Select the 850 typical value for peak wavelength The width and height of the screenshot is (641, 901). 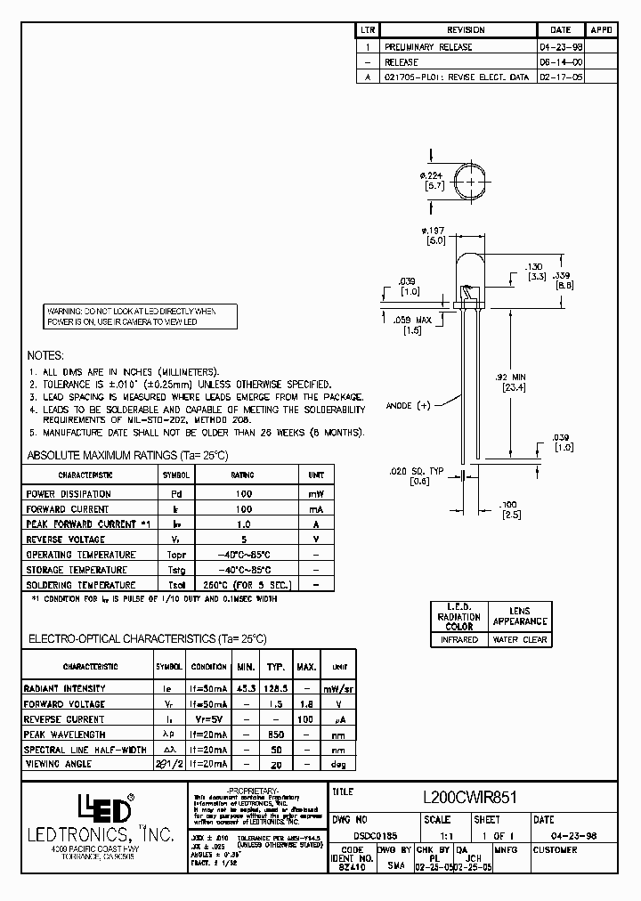click(x=276, y=735)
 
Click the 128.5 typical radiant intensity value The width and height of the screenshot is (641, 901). click(x=277, y=688)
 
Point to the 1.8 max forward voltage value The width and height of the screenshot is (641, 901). click(x=306, y=704)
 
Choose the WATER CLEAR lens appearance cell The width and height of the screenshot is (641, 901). click(x=520, y=639)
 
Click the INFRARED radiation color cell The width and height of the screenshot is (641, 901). click(x=459, y=639)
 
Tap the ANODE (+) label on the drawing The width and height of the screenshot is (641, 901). click(x=408, y=405)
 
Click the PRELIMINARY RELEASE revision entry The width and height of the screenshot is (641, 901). click(x=427, y=46)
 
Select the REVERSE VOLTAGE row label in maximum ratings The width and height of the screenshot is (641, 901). click(x=66, y=540)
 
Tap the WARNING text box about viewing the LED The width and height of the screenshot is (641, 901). click(x=141, y=315)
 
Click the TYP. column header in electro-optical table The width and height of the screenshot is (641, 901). click(x=277, y=667)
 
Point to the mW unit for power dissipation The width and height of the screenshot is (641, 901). click(x=316, y=494)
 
